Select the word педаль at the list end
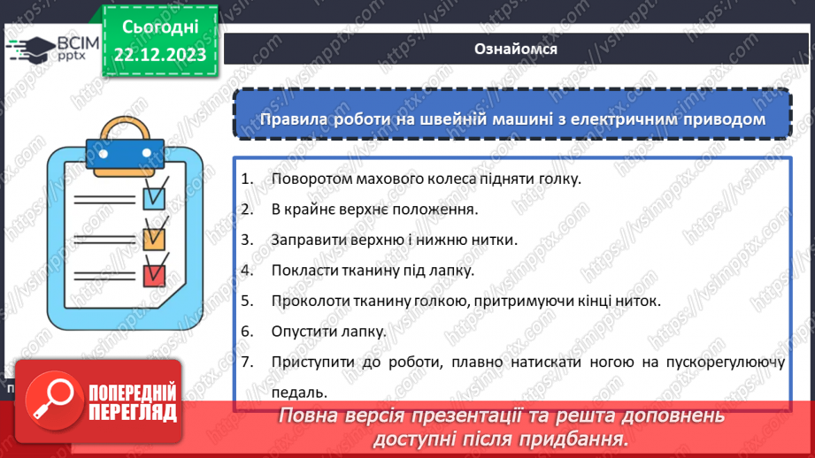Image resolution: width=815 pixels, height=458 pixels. (294, 393)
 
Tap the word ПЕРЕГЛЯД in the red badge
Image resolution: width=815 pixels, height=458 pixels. (133, 411)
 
